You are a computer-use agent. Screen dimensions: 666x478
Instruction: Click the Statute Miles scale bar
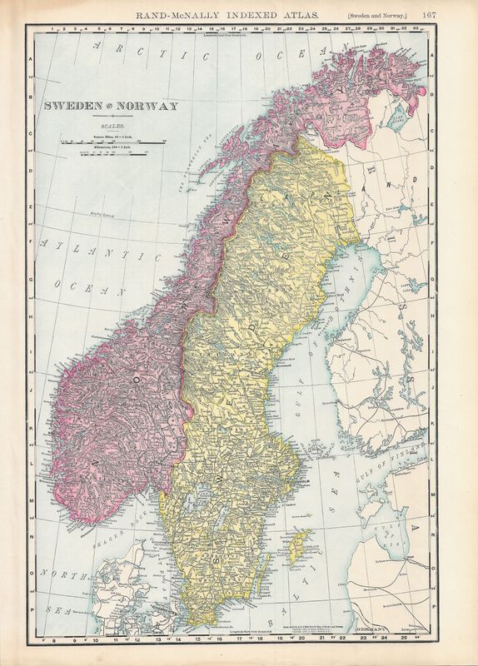pos(112,143)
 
